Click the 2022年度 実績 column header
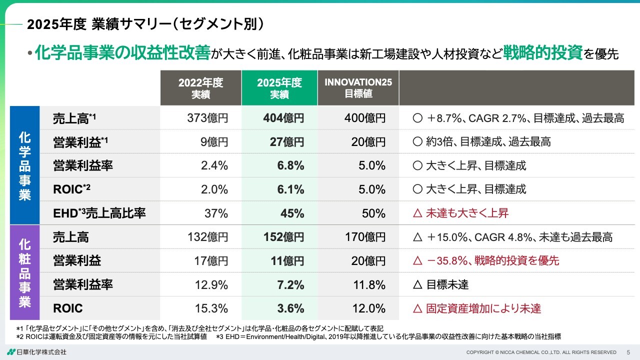(x=200, y=88)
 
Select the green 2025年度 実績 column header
(x=279, y=88)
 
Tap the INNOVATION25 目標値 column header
(x=358, y=88)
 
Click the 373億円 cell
(x=207, y=118)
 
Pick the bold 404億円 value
(x=283, y=118)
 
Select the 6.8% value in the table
(x=291, y=166)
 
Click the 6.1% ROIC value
(x=291, y=189)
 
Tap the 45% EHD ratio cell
(x=292, y=213)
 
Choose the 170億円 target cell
(x=365, y=237)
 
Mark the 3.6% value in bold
(x=291, y=308)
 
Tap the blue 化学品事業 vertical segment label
(x=24, y=166)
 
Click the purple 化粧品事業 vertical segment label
(x=24, y=273)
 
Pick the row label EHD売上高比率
(x=99, y=213)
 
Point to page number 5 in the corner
(x=628, y=352)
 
